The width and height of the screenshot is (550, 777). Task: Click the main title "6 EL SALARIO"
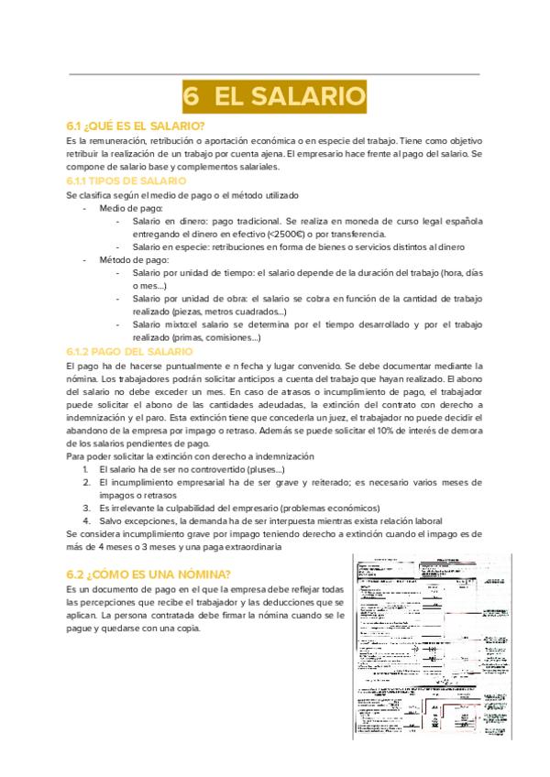274,95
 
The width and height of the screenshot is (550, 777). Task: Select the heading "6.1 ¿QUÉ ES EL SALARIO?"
136,126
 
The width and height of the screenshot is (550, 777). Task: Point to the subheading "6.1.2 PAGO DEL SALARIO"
129,352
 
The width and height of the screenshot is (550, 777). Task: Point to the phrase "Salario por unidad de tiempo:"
193,274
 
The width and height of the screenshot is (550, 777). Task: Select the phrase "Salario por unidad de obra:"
189,300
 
